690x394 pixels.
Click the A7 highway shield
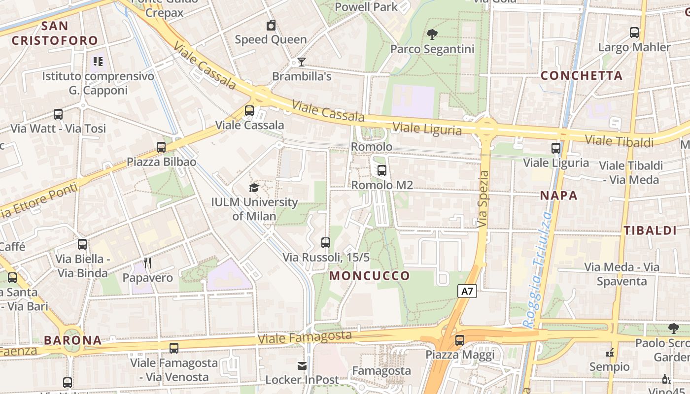tap(467, 291)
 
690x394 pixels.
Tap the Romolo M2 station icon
tap(381, 171)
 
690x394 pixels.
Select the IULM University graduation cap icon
tap(254, 188)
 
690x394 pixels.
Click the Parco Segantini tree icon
tap(432, 34)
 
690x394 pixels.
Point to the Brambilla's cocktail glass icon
tap(301, 62)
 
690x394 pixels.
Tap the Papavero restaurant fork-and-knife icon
tap(147, 263)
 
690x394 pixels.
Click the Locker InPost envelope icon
tap(302, 365)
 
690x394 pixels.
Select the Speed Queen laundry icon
tap(271, 26)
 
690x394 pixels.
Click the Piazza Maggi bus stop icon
tap(460, 340)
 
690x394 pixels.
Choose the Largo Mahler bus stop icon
tap(634, 33)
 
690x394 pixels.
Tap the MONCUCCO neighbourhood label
tap(370, 276)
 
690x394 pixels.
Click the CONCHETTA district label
tap(582, 76)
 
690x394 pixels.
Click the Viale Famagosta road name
tap(305, 337)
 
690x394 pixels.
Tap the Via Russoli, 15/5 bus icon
tap(326, 242)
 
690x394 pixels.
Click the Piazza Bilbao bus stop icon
tap(161, 147)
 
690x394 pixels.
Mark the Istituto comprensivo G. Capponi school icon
tap(98, 62)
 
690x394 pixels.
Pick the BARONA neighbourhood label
tap(72, 340)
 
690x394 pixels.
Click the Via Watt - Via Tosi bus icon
tap(58, 114)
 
